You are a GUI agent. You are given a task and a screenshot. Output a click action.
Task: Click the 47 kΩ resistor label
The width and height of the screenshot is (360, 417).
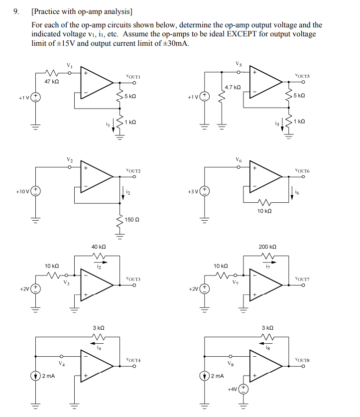click(x=52, y=81)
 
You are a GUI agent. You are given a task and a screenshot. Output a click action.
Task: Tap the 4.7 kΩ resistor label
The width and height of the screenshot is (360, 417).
click(x=233, y=87)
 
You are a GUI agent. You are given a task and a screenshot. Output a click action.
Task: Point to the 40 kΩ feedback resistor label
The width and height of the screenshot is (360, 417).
click(x=99, y=247)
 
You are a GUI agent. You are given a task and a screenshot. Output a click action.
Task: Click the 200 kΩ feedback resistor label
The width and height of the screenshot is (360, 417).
click(x=267, y=247)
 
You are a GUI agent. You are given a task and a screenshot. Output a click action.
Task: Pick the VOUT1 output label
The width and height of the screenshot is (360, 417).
click(x=134, y=77)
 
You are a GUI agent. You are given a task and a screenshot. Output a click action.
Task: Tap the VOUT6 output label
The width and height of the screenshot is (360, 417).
click(x=302, y=170)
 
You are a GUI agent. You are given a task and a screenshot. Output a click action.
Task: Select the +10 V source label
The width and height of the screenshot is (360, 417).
click(x=23, y=191)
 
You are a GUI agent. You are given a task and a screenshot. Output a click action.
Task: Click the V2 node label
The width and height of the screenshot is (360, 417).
click(x=70, y=159)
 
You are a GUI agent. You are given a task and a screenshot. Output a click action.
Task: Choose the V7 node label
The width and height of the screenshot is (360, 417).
click(x=236, y=283)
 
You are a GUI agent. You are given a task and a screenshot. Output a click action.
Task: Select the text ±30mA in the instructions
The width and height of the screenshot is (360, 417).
click(x=176, y=43)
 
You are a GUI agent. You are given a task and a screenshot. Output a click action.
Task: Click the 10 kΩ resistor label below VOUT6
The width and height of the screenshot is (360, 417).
click(x=264, y=211)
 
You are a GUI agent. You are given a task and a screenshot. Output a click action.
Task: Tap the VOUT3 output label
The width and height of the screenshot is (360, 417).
click(x=133, y=279)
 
